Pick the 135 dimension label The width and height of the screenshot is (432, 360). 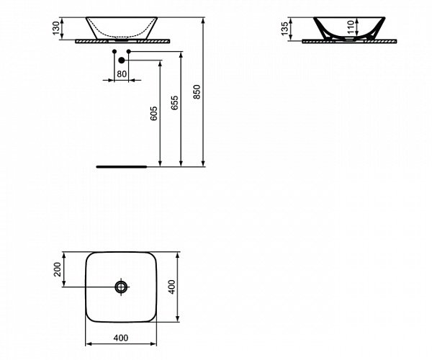286,28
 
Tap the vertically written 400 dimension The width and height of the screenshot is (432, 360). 171,287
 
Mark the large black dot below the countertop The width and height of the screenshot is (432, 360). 120,61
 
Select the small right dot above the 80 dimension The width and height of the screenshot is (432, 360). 128,53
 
